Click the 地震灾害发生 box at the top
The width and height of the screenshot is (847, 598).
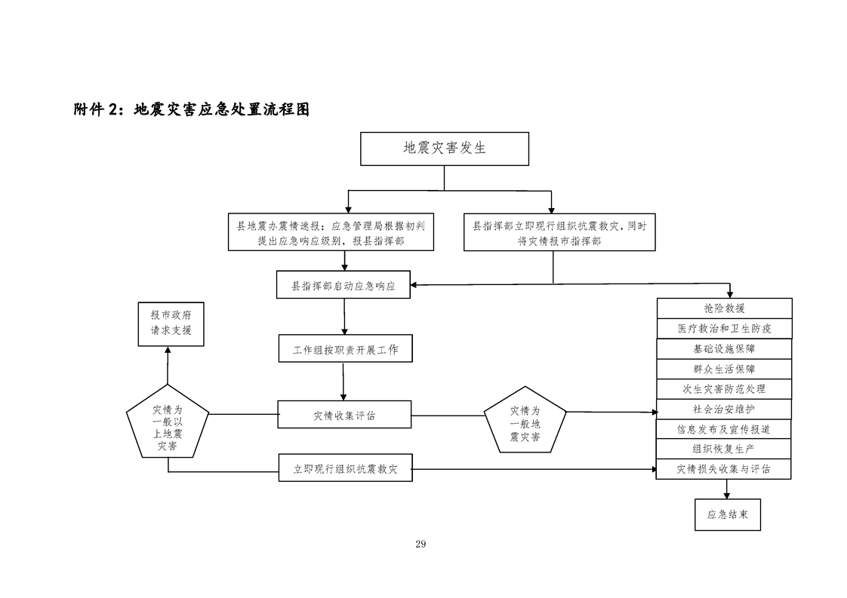(444, 149)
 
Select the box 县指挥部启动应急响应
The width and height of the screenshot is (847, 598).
(343, 286)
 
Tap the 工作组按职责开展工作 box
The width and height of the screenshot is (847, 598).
(345, 350)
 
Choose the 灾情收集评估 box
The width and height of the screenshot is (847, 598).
(345, 415)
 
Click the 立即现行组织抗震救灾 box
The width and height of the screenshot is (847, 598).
(345, 468)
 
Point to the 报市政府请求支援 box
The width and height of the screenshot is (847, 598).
(171, 324)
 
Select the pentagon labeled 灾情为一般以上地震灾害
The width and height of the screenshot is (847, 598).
(168, 427)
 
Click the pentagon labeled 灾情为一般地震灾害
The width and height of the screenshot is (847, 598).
(525, 422)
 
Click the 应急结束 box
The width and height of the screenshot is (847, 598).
(727, 515)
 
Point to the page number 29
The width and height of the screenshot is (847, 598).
(420, 544)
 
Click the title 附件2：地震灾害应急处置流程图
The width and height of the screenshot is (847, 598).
(192, 109)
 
